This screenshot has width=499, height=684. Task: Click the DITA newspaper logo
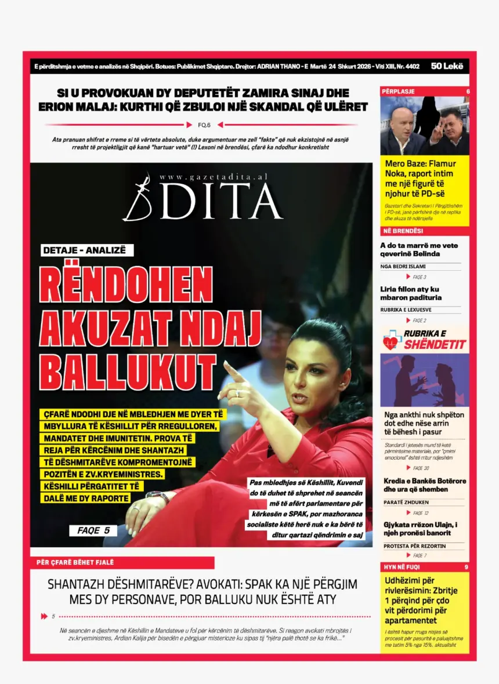click(x=203, y=200)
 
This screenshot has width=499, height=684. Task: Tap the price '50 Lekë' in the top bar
click(x=447, y=66)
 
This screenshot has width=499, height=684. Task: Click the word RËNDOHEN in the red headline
click(x=126, y=285)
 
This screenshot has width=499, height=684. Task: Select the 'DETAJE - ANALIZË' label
click(x=87, y=250)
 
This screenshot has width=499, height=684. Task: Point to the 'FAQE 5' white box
click(x=93, y=530)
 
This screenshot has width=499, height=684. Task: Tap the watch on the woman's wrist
click(x=157, y=496)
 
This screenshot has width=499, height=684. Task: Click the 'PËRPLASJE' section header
click(x=398, y=92)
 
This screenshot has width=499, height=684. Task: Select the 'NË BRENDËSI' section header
click(x=402, y=231)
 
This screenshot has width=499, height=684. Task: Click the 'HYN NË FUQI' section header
click(x=401, y=567)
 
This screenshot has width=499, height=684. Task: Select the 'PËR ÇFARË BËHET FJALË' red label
click(x=75, y=562)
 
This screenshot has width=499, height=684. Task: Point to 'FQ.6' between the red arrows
click(x=204, y=125)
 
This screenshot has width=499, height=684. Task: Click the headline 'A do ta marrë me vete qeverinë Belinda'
click(x=419, y=249)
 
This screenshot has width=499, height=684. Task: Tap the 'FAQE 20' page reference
click(x=421, y=468)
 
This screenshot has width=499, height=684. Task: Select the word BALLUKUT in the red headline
click(x=128, y=370)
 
